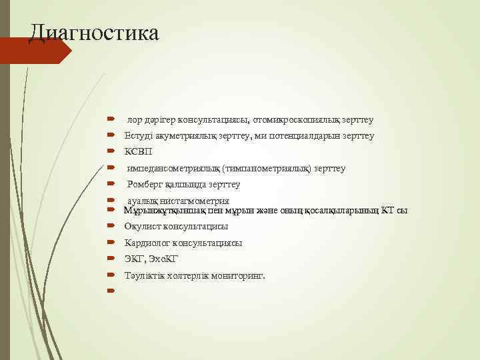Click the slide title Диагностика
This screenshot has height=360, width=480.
(x=94, y=32)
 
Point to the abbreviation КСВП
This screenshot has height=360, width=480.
(x=139, y=151)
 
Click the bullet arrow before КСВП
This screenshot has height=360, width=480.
(x=111, y=151)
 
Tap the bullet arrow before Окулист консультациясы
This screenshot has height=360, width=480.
(x=111, y=227)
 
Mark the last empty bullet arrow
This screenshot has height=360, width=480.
(x=111, y=291)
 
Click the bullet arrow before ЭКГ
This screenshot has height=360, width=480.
(x=111, y=259)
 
